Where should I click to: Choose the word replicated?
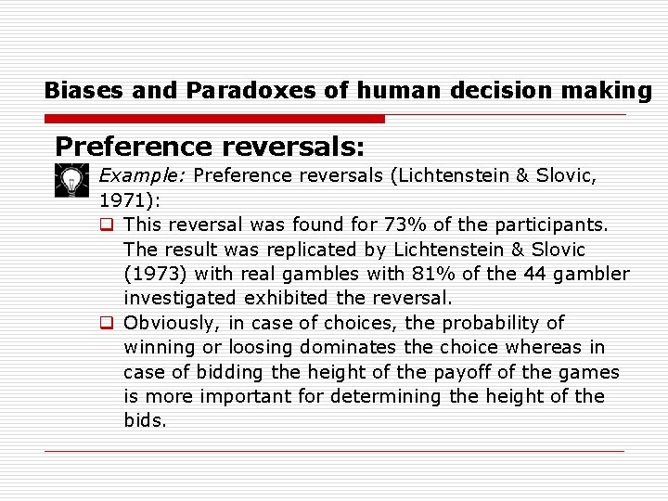(315, 250)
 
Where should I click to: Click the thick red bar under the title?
(213, 119)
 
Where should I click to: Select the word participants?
(557, 225)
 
